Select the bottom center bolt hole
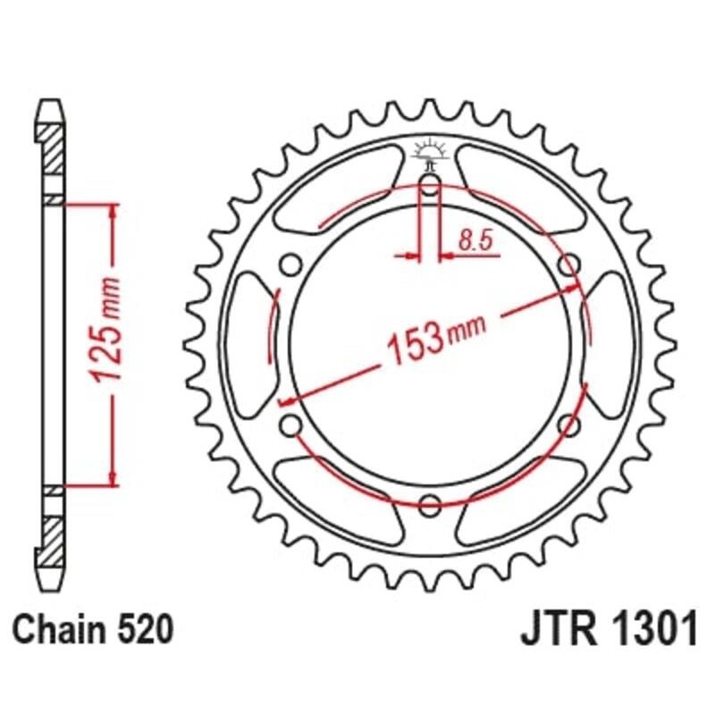(x=430, y=501)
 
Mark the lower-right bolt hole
(x=569, y=424)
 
